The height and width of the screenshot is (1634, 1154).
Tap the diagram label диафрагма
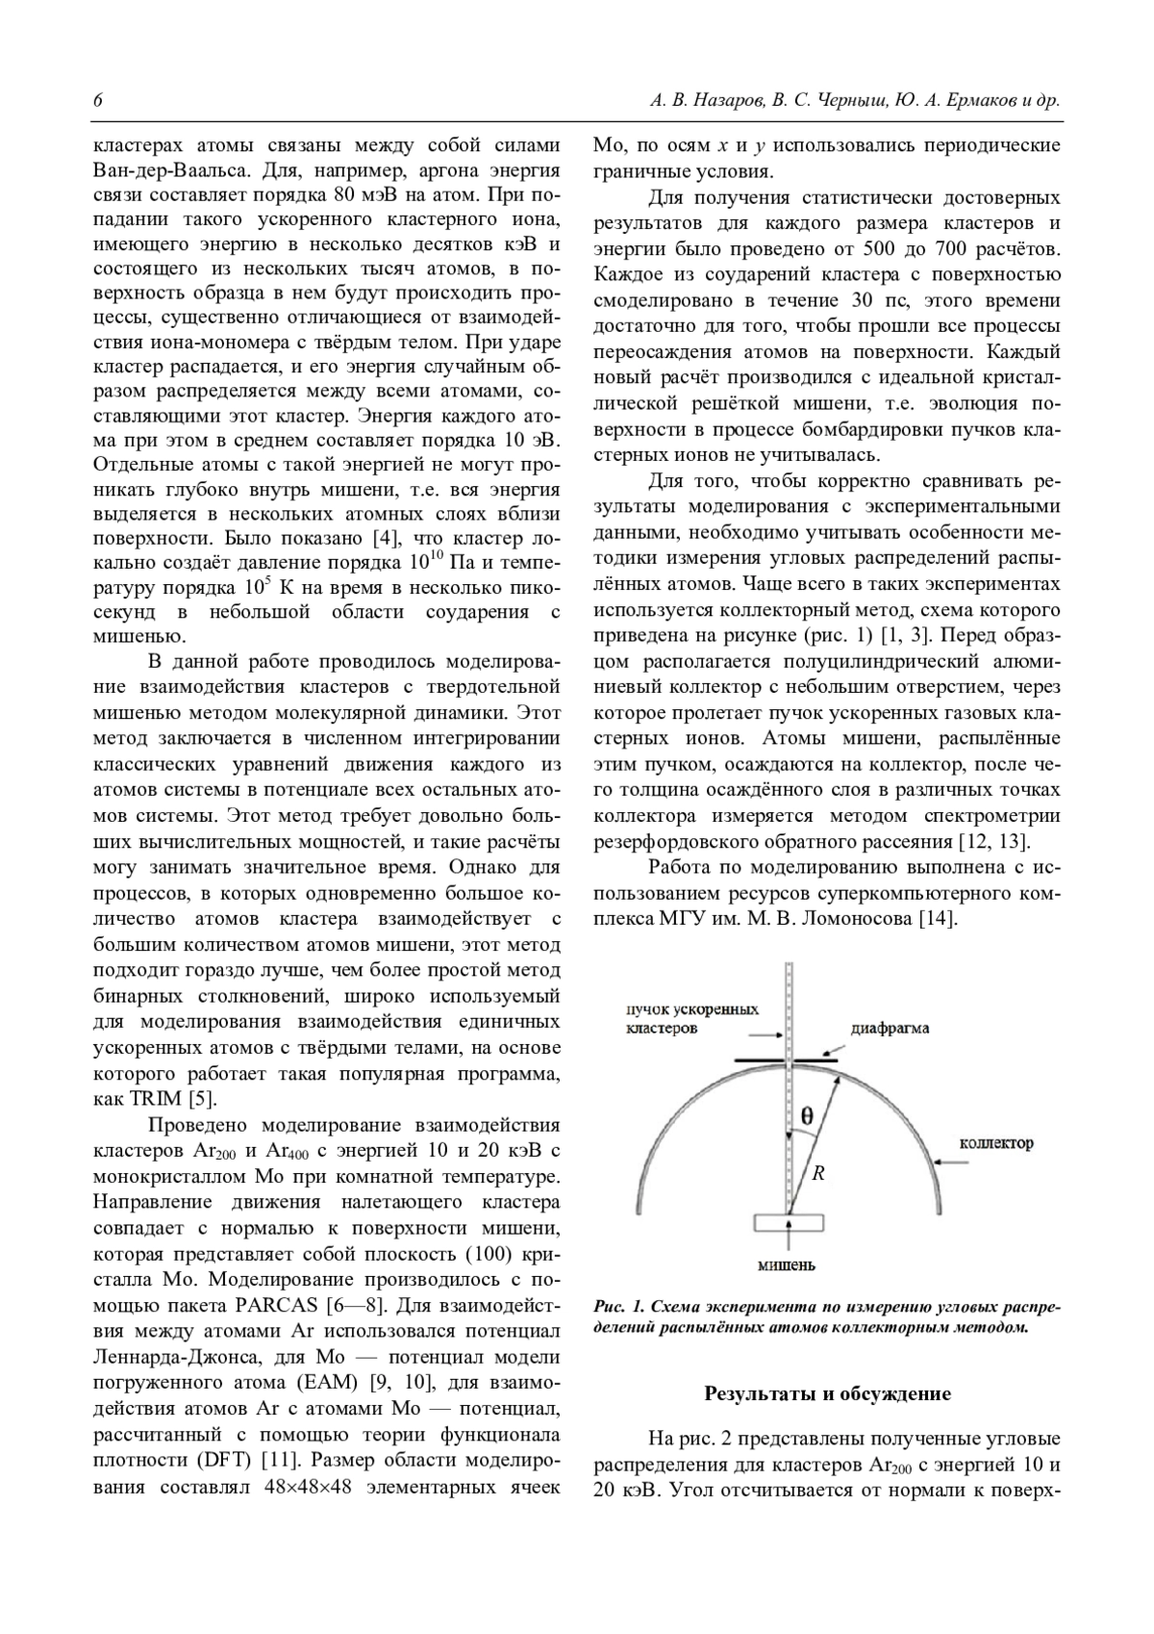coord(890,1029)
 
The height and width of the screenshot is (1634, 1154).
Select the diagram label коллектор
coord(996,1144)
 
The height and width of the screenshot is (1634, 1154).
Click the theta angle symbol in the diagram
coord(806,1117)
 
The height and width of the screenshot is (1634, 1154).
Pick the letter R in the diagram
coord(818,1173)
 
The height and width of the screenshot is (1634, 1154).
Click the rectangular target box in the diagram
coord(788,1222)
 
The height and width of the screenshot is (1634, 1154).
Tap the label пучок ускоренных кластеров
coord(692,1019)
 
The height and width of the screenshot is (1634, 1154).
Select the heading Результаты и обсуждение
coord(827,1393)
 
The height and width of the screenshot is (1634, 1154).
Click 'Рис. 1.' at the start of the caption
coord(618,1307)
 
